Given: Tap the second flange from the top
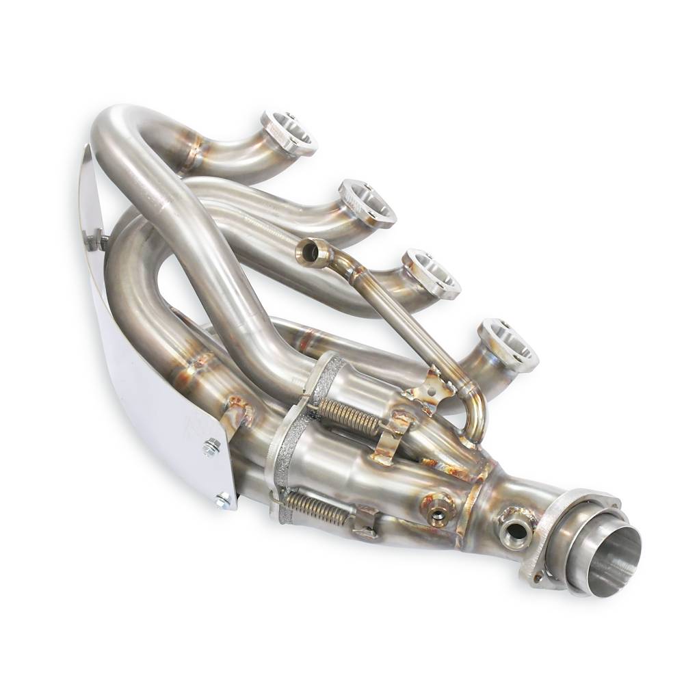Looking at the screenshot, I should pos(368,202).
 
